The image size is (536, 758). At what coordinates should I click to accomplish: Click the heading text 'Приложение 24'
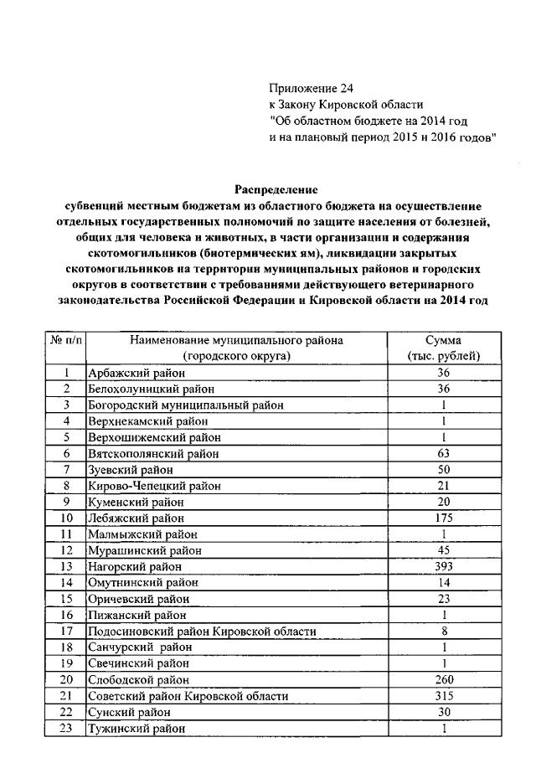(305, 88)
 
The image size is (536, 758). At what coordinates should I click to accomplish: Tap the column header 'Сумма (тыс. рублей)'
(444, 348)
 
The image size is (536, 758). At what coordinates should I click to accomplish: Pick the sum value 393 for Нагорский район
(444, 565)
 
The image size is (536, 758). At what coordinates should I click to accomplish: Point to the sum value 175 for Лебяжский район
(444, 518)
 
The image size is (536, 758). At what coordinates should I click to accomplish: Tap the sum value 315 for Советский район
(444, 695)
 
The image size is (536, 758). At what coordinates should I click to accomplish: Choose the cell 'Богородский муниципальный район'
(185, 405)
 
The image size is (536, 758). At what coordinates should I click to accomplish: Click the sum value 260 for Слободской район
(444, 678)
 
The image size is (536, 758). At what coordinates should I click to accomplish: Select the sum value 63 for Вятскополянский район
(444, 453)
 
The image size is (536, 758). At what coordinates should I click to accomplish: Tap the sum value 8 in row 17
(444, 630)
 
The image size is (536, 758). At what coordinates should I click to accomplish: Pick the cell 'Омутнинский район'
(136, 582)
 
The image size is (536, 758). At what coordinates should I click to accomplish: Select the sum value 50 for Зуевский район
(444, 469)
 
